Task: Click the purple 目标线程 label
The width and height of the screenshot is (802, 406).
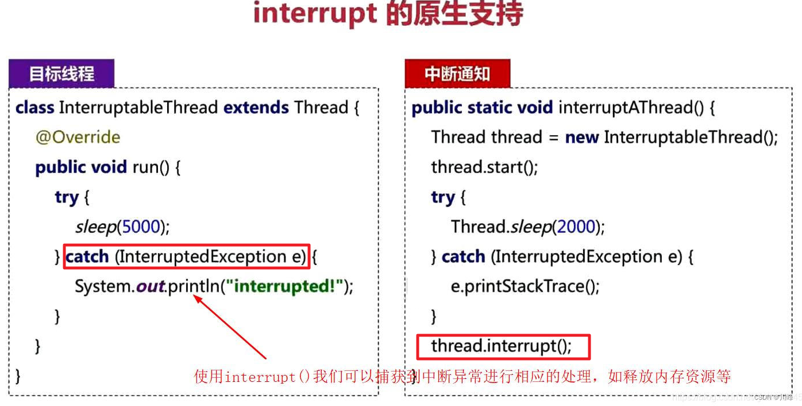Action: click(61, 74)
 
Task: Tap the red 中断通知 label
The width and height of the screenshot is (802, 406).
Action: click(457, 74)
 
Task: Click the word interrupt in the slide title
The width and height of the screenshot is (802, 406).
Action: click(315, 14)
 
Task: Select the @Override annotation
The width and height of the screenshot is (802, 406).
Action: click(78, 137)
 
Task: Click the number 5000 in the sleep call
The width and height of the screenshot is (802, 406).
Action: click(140, 227)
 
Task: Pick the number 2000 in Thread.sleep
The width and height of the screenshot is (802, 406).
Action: click(576, 227)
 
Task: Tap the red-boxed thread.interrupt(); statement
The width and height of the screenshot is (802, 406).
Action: click(502, 346)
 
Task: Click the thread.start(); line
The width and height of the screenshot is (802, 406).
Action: click(484, 167)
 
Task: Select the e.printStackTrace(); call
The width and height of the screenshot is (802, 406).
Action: click(525, 286)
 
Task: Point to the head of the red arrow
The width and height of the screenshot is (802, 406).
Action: click(196, 297)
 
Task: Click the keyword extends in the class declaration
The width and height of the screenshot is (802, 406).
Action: click(256, 108)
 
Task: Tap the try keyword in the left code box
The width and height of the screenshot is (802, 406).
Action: click(67, 197)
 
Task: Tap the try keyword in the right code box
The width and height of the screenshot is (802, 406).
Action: click(442, 197)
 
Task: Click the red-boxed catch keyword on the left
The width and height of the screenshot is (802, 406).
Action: click(87, 256)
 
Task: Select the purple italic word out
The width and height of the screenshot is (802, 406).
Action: click(150, 286)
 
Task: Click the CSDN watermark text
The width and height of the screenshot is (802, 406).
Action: click(770, 397)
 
